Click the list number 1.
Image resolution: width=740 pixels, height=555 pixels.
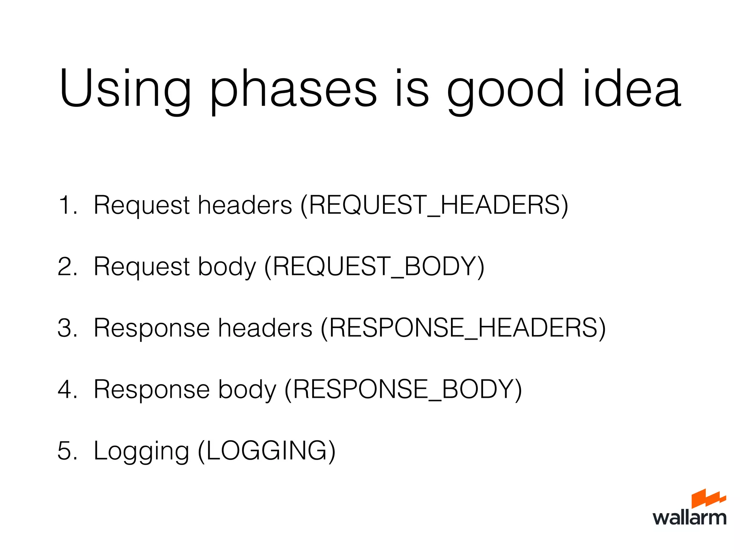click(67, 205)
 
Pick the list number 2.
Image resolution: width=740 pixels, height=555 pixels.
click(67, 266)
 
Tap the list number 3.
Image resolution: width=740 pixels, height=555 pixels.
click(67, 328)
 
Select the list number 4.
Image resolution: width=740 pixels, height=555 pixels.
click(67, 389)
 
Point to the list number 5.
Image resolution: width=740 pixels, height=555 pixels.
click(67, 451)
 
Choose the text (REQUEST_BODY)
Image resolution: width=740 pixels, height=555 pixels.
click(374, 266)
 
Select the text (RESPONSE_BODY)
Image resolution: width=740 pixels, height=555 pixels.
click(403, 389)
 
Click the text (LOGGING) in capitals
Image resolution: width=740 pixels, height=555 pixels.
click(267, 451)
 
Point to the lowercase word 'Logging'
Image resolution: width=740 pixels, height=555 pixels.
click(141, 451)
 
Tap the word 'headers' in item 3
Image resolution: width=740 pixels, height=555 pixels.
click(265, 328)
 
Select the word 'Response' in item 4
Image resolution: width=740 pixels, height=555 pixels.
click(152, 390)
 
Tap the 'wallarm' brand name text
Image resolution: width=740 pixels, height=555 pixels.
click(689, 517)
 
